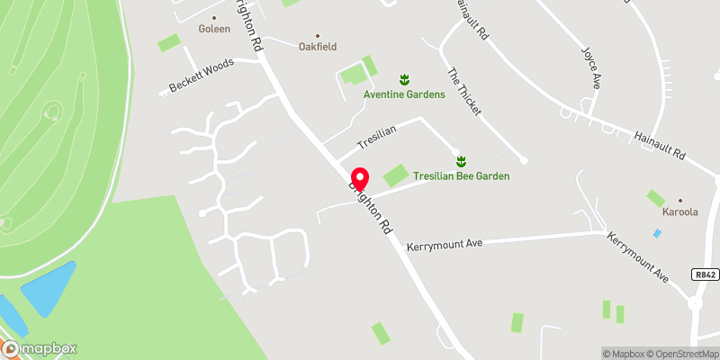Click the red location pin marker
point(359,177)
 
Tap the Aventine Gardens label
point(404,94)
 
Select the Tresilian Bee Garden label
point(461,176)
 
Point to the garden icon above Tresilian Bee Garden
point(461,161)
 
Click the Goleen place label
point(214,28)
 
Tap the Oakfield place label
point(317,47)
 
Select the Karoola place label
point(679,212)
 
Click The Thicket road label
point(464,92)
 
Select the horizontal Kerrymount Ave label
point(445,245)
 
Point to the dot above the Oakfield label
point(317,36)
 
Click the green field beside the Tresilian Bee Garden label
point(394,175)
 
